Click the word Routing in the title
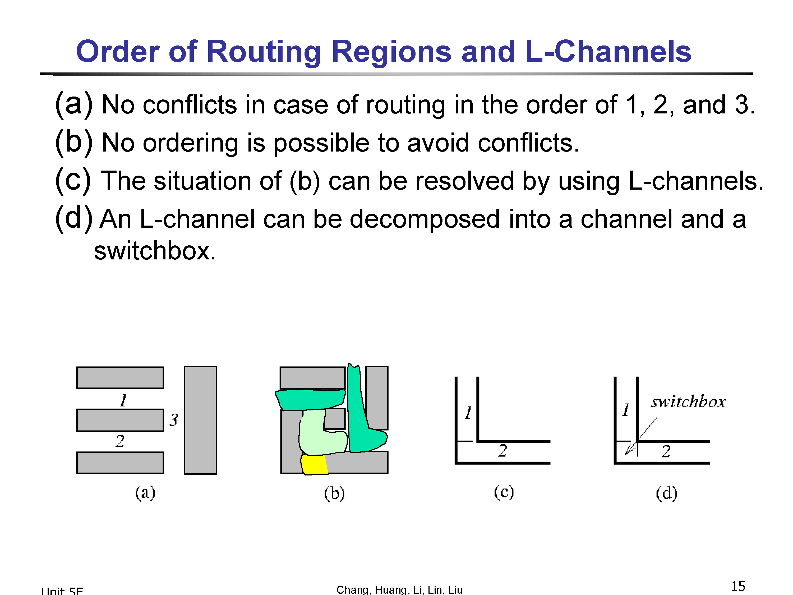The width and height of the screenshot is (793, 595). tap(264, 52)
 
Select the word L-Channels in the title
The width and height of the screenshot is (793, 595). tap(608, 51)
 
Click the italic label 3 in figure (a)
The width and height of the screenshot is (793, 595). tap(174, 420)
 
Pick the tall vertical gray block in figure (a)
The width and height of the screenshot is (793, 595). tap(200, 420)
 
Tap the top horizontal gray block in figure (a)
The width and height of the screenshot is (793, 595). tap(120, 377)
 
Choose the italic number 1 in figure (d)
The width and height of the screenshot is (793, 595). tap(626, 410)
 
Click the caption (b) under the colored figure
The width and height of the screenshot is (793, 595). tap(334, 493)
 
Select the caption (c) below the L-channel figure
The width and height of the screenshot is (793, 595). tap(504, 492)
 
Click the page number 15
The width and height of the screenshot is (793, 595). tap(738, 586)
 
